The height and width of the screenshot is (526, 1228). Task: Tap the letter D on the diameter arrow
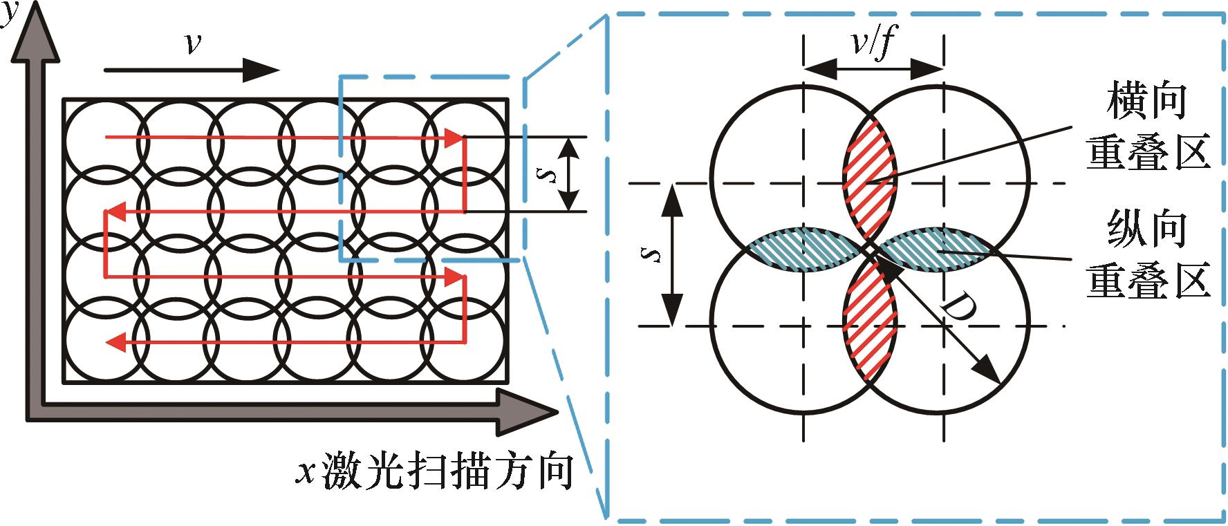[x=957, y=309]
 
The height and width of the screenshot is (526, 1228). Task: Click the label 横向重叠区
[x=1147, y=127]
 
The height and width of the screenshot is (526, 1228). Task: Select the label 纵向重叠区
[x=1147, y=255]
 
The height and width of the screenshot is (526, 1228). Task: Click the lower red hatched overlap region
[x=868, y=321]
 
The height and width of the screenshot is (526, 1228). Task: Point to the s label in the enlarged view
[x=651, y=254]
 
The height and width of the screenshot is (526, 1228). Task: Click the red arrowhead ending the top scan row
[x=454, y=138]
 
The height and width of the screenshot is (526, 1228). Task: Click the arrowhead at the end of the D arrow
[x=989, y=372]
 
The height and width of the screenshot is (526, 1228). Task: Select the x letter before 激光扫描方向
[x=305, y=473]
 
